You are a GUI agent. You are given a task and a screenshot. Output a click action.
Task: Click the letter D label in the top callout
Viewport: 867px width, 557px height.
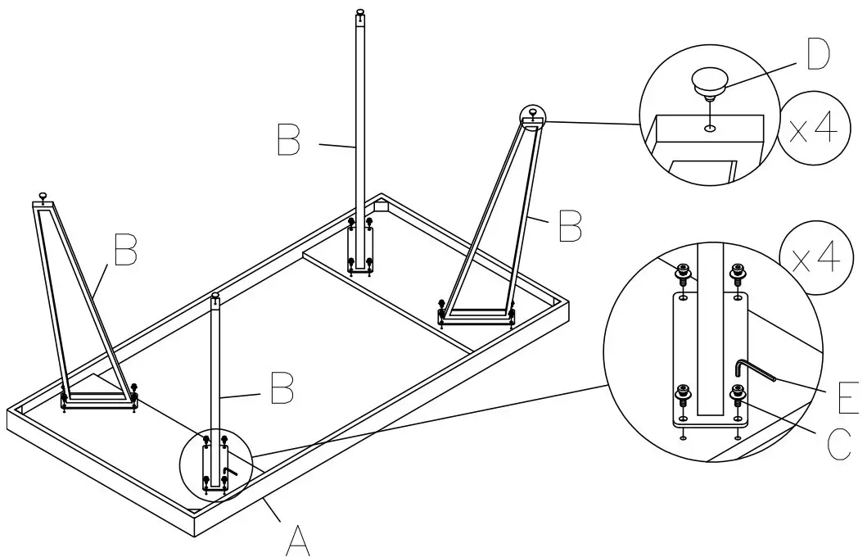pos(815,57)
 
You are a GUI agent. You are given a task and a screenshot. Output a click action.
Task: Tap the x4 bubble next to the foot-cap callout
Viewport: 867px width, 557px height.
pos(810,129)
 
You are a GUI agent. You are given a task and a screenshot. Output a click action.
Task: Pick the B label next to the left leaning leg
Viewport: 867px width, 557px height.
pos(124,250)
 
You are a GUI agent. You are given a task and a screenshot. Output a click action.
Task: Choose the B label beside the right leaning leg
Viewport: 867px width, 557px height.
pos(570,226)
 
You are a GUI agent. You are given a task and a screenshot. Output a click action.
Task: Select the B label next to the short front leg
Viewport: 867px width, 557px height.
pos(281,388)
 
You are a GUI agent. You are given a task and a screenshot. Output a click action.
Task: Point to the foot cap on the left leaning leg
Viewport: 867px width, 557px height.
pos(43,196)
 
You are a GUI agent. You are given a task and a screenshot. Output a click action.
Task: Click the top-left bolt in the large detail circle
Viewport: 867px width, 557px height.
pos(682,271)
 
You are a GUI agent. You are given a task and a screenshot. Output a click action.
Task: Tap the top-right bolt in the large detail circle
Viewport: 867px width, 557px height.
pos(738,271)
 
